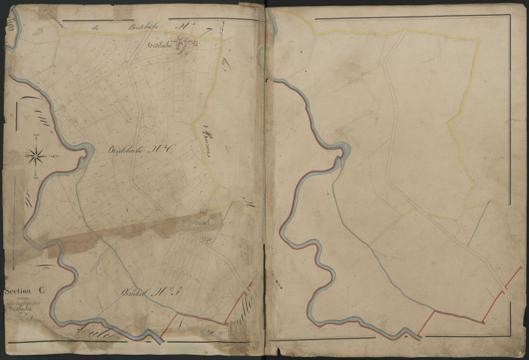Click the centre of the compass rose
coord(36,156)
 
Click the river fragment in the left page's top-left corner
coord(11,30)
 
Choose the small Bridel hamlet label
coord(200,223)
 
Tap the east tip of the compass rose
coord(50,156)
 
